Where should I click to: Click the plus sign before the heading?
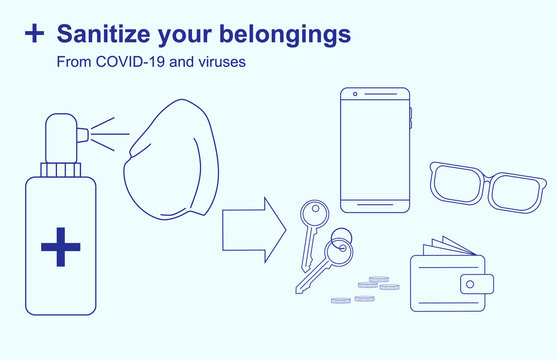(35, 34)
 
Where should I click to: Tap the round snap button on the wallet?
(469, 283)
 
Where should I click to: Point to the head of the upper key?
(313, 212)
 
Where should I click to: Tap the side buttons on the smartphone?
(410, 116)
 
